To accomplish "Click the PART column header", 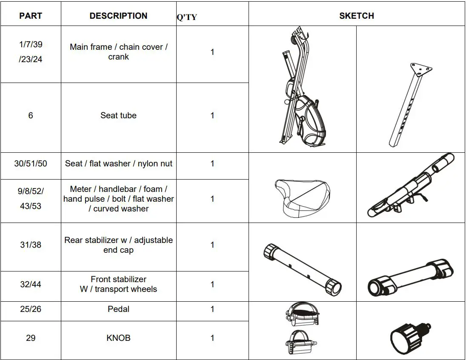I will (31, 16).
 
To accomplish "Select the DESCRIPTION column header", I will (118, 16).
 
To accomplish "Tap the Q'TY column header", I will (187, 17).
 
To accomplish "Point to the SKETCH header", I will (356, 16).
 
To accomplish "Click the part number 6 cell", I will (31, 115).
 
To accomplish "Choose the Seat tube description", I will (118, 115).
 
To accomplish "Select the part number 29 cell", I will (31, 338).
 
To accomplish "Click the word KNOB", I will (118, 338).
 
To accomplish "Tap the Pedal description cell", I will (118, 309).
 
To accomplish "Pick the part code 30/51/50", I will (31, 163).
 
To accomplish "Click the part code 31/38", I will (31, 245).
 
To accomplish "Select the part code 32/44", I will (31, 284).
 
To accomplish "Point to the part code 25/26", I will (31, 309).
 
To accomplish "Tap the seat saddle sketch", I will (302, 198).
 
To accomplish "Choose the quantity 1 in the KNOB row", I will (212, 338).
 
